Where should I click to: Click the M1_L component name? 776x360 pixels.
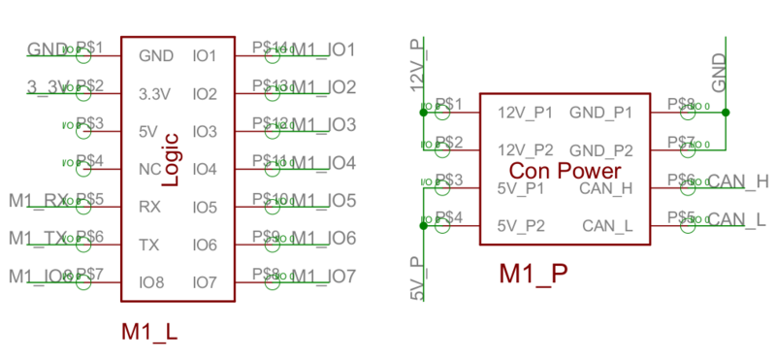click(149, 331)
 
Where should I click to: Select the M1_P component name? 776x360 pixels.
click(533, 275)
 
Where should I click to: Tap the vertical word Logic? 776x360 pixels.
click(171, 159)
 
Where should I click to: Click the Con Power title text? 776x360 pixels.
click(565, 171)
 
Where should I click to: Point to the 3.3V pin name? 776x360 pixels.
click(155, 94)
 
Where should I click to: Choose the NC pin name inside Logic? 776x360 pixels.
click(149, 169)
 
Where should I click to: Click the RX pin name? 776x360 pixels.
click(149, 206)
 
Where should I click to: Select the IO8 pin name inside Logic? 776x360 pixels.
click(151, 282)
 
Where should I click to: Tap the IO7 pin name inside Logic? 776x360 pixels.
click(204, 282)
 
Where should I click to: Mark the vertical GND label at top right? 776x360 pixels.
click(720, 73)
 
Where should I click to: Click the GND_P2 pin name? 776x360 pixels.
click(601, 150)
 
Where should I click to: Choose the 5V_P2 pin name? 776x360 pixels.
click(521, 226)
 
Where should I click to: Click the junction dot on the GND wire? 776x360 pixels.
click(726, 113)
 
